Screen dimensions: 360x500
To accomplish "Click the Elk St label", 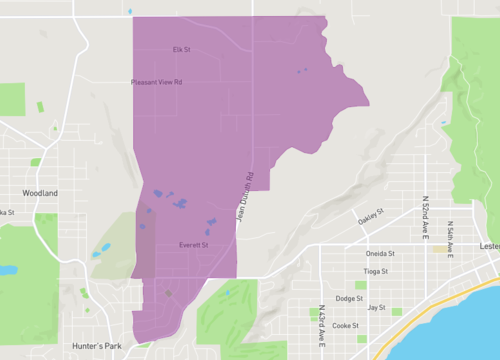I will pyautogui.click(x=181, y=48).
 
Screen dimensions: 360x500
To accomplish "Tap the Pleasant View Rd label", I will pyautogui.click(x=156, y=83).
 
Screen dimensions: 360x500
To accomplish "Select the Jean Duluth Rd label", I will pyautogui.click(x=246, y=197).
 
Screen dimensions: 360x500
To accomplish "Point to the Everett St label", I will pyautogui.click(x=192, y=245).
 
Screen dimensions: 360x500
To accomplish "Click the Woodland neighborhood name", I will pyautogui.click(x=40, y=193).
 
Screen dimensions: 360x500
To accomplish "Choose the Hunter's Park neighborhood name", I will pyautogui.click(x=96, y=346).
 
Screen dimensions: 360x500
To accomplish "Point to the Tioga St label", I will pyautogui.click(x=376, y=271).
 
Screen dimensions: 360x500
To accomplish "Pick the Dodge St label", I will pyautogui.click(x=349, y=299).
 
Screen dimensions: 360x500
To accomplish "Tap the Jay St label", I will pyautogui.click(x=377, y=308).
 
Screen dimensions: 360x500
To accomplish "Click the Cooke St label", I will pyautogui.click(x=345, y=325).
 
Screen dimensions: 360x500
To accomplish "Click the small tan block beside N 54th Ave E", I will pyautogui.click(x=440, y=248).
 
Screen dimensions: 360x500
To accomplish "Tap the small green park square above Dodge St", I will pyautogui.click(x=361, y=285).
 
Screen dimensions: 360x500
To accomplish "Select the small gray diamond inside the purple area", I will pyautogui.click(x=168, y=293).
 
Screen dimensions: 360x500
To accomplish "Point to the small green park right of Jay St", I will pyautogui.click(x=397, y=311).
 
